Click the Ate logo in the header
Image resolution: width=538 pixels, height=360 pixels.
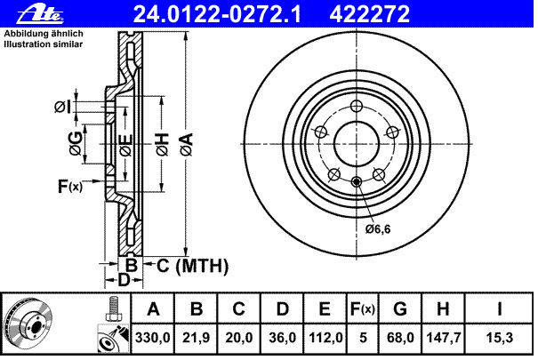[39, 14]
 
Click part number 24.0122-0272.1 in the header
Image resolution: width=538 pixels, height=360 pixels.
[217, 14]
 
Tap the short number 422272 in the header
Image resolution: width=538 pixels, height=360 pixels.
[369, 14]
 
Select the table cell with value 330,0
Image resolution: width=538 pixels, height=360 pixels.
[153, 338]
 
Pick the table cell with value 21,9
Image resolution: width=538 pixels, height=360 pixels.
[196, 338]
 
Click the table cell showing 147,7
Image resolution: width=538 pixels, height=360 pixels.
[444, 338]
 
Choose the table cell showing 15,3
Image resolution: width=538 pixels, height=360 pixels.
[499, 338]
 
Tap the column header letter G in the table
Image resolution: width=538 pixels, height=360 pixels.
[400, 309]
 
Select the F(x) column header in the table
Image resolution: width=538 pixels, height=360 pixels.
[362, 309]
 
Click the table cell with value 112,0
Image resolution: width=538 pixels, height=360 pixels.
[325, 338]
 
